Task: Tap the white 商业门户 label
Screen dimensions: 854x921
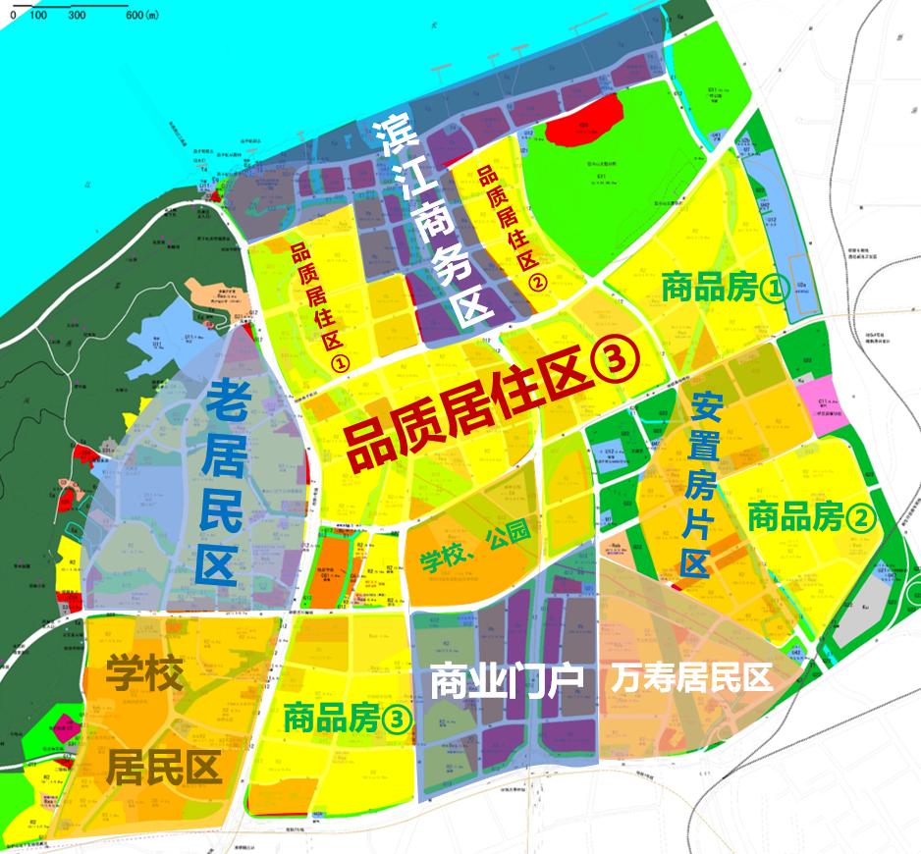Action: click(508, 679)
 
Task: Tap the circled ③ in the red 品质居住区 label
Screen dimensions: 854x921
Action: click(617, 363)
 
